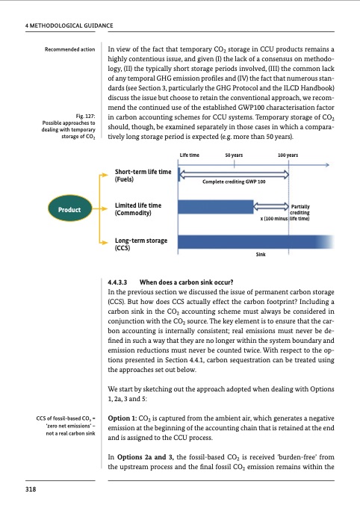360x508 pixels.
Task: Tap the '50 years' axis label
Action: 233,155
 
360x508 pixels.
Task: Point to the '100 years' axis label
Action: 288,155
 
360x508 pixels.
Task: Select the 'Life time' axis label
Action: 190,155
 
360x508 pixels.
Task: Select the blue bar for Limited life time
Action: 217,207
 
